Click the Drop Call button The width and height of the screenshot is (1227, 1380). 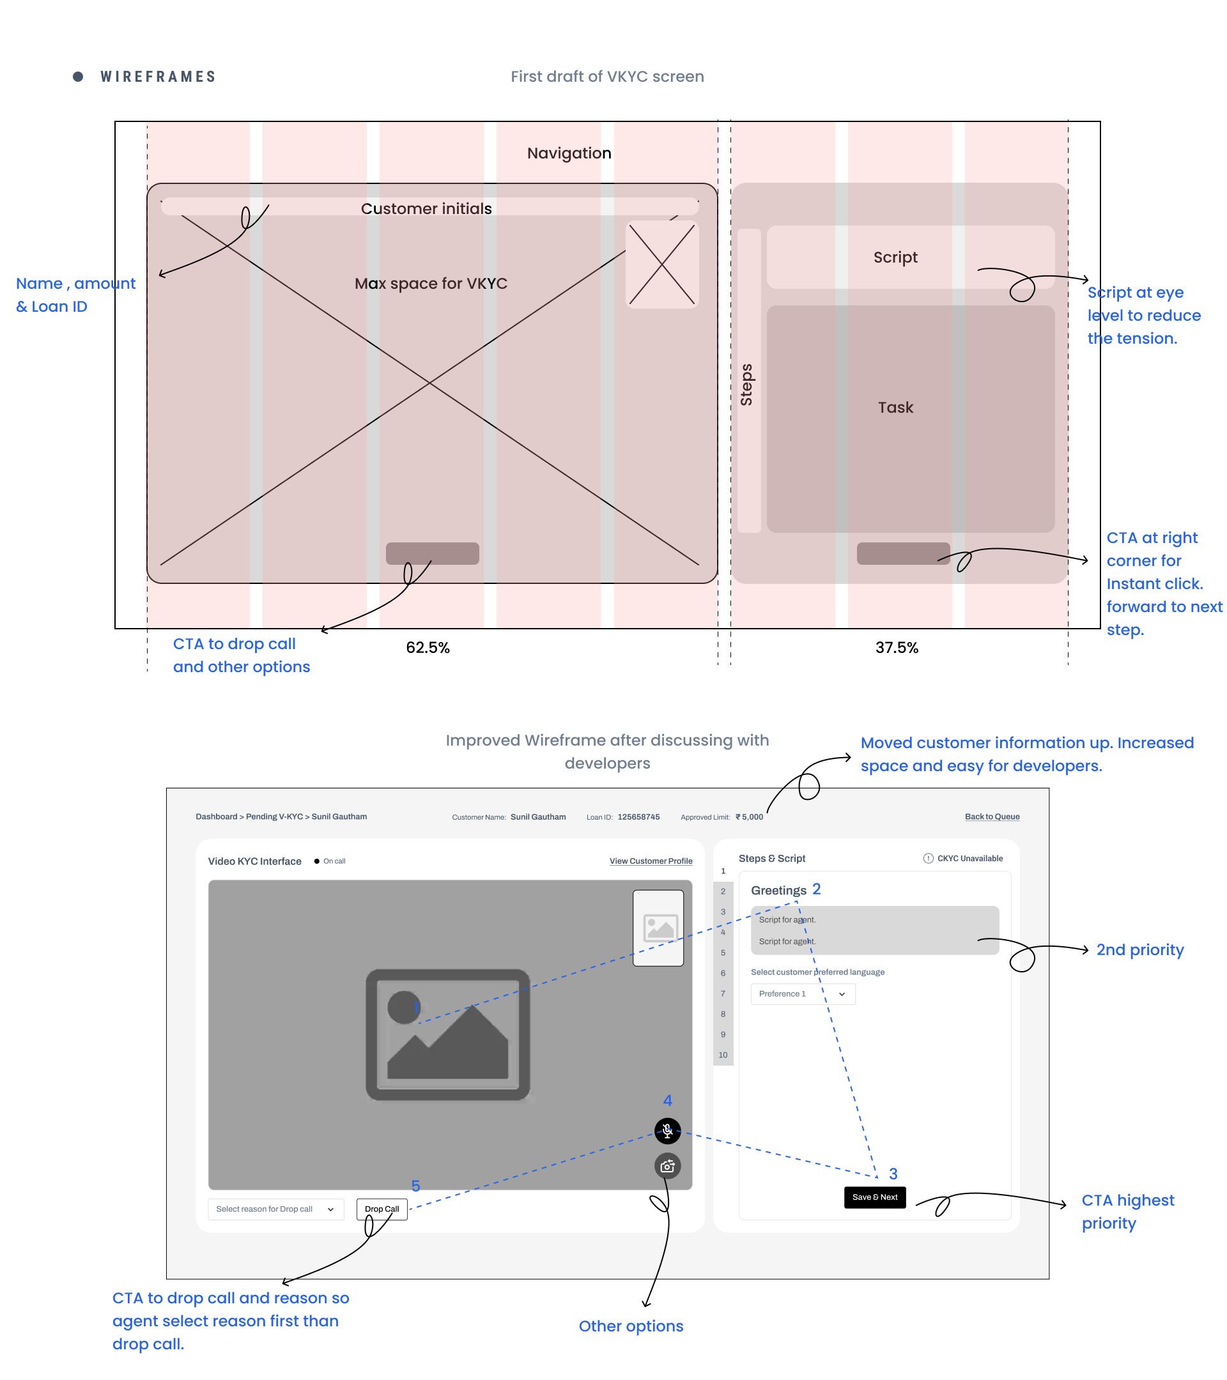coord(382,1209)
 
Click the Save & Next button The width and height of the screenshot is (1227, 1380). coord(874,1197)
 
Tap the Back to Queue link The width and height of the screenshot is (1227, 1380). coord(991,816)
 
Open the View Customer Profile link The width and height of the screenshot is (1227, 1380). coord(651,861)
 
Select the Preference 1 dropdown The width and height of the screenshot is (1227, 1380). coord(802,994)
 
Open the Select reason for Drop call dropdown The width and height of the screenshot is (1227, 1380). coord(275,1209)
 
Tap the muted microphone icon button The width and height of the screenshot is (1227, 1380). coord(667,1130)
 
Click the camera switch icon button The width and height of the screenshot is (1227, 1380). coord(667,1166)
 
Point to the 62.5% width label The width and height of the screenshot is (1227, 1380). coord(428,647)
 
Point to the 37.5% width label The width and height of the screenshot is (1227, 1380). coord(896,647)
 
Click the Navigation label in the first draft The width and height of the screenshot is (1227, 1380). coord(569,153)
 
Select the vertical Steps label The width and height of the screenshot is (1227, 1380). coord(746,385)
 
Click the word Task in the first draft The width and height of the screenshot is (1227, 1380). coord(895,407)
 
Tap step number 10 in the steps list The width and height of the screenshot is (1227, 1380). coord(723,1055)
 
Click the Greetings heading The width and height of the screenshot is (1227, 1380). coord(778,891)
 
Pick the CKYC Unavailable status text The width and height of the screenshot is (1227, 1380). coord(969,858)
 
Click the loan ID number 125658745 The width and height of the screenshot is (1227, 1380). coord(638,817)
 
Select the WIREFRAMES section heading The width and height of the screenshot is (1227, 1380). coord(158,77)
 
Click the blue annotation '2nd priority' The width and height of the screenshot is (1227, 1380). coord(1139,950)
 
